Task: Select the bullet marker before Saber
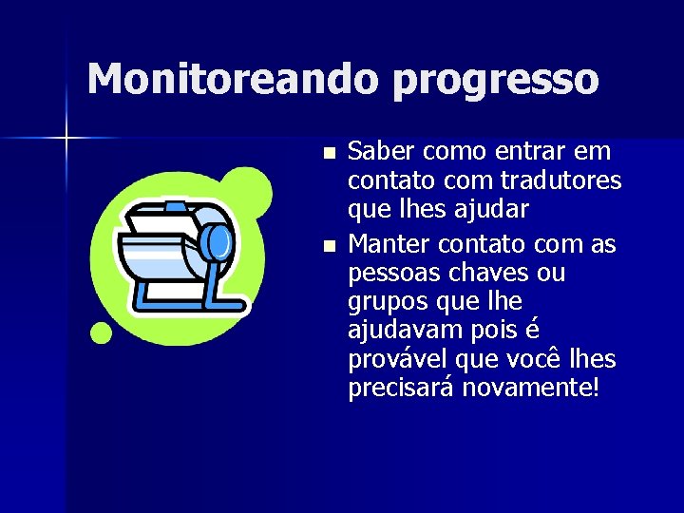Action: coord(329,153)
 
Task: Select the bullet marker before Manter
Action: coord(329,246)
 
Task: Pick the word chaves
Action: coord(488,274)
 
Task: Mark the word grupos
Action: coord(387,303)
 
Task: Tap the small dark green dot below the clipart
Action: coord(101,332)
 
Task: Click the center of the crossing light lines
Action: coord(66,139)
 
